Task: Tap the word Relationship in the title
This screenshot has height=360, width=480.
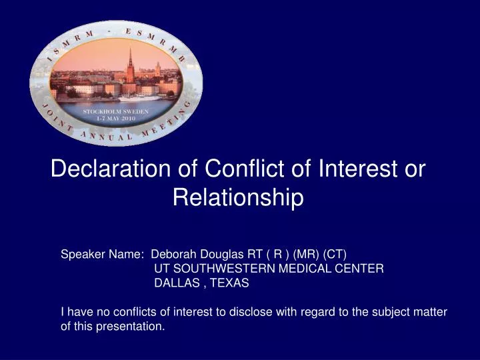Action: pyautogui.click(x=238, y=197)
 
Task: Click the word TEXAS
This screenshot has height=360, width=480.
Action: pyautogui.click(x=230, y=283)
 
